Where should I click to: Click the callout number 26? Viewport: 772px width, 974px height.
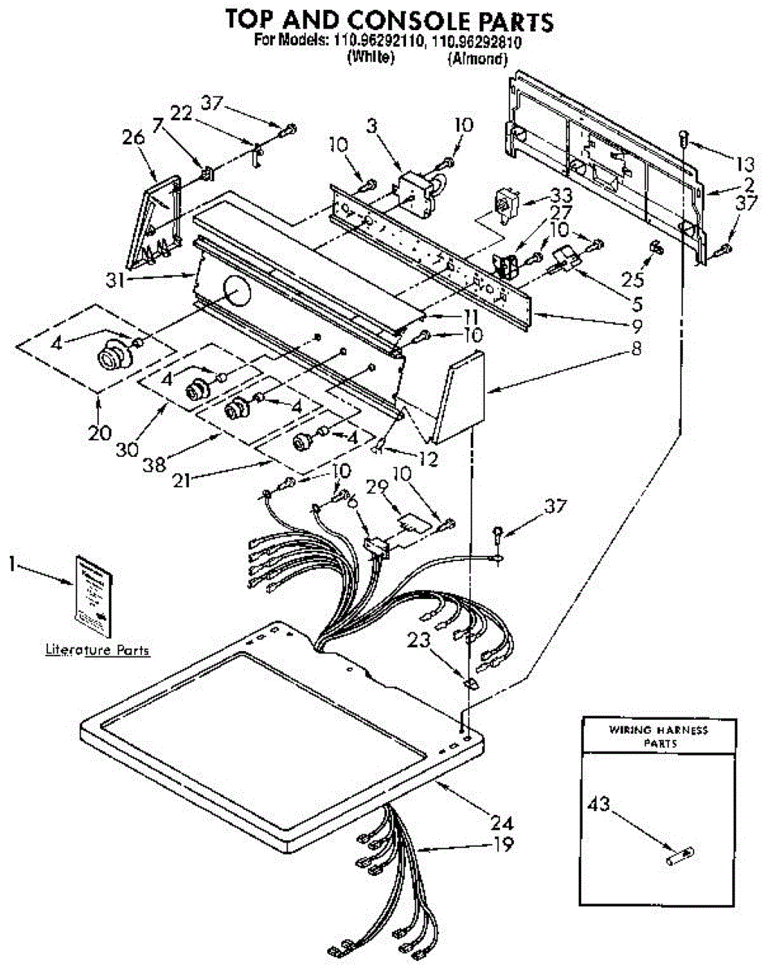tap(133, 138)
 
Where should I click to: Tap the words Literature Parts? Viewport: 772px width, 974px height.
tap(97, 650)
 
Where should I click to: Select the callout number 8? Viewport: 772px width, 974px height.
tap(636, 351)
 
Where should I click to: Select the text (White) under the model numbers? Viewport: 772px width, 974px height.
tap(370, 58)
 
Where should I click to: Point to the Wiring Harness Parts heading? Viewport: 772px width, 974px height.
tap(658, 735)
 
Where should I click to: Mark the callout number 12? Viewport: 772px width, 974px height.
tap(427, 459)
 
